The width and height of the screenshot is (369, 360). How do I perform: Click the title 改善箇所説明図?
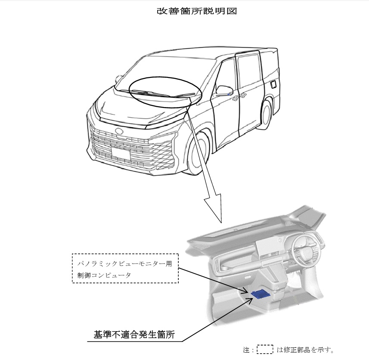[197, 11]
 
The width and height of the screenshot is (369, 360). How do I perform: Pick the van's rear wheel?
[267, 113]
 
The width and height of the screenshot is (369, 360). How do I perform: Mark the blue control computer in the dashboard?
[260, 294]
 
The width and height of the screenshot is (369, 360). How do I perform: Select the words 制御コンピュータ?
[102, 274]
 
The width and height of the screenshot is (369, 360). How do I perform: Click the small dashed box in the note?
[265, 349]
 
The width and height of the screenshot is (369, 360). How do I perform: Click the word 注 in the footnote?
[246, 349]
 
